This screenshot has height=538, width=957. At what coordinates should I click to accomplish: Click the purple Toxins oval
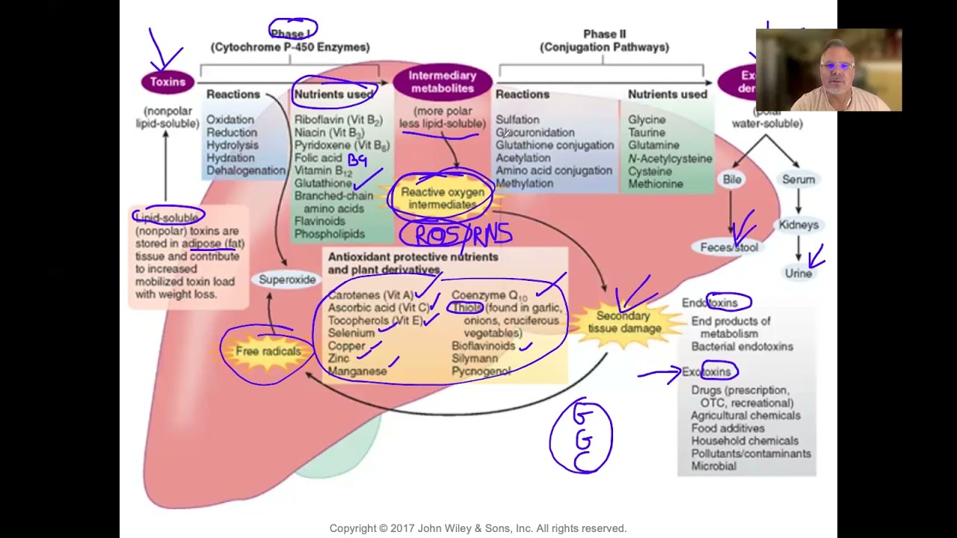click(167, 82)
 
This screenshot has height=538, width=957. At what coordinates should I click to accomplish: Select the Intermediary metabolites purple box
click(442, 81)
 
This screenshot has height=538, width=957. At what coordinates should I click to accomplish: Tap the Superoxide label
click(287, 279)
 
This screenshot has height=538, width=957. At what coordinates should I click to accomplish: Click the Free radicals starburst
click(268, 352)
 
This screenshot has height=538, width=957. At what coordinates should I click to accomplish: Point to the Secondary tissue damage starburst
click(624, 322)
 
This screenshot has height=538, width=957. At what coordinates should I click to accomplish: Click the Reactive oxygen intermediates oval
click(443, 198)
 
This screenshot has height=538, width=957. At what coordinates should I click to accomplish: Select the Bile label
click(732, 179)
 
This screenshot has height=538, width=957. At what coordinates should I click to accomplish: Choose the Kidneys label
click(798, 225)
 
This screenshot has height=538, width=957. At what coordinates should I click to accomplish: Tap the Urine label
click(798, 273)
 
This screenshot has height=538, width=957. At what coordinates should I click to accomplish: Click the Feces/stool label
click(729, 247)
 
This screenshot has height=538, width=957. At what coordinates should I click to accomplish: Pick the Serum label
click(798, 179)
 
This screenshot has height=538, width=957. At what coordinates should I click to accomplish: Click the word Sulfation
click(517, 120)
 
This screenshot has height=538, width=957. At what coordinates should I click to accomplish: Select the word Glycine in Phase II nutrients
click(647, 120)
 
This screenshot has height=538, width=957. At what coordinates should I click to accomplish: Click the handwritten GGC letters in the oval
click(582, 437)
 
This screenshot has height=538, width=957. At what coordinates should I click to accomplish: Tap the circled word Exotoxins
click(708, 371)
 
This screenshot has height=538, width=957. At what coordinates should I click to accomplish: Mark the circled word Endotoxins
click(710, 303)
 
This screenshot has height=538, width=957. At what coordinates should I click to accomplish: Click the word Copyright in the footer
click(356, 528)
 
